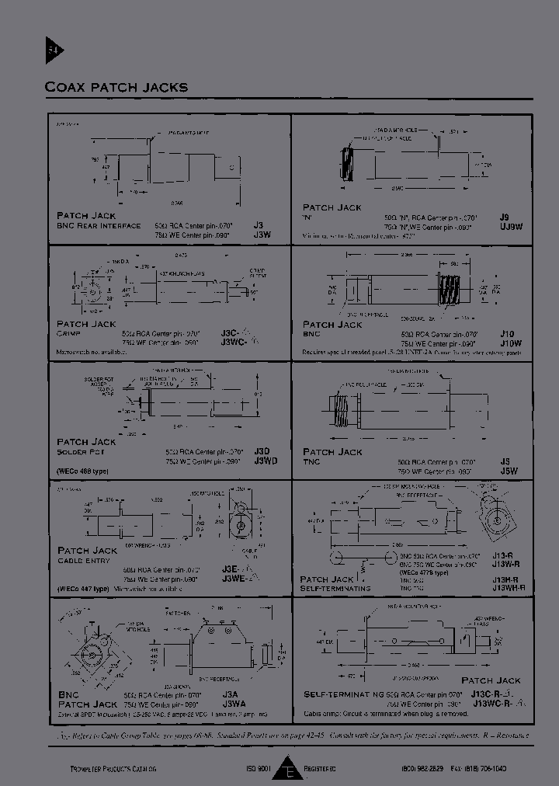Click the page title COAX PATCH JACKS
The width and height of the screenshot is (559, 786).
click(x=116, y=87)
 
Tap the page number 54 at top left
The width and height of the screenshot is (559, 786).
click(x=53, y=51)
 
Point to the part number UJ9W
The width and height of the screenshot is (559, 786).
click(x=511, y=227)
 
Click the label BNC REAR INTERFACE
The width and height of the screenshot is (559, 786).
click(x=99, y=226)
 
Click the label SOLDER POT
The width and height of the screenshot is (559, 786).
click(x=80, y=451)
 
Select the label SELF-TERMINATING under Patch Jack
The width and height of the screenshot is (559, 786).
click(x=335, y=589)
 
